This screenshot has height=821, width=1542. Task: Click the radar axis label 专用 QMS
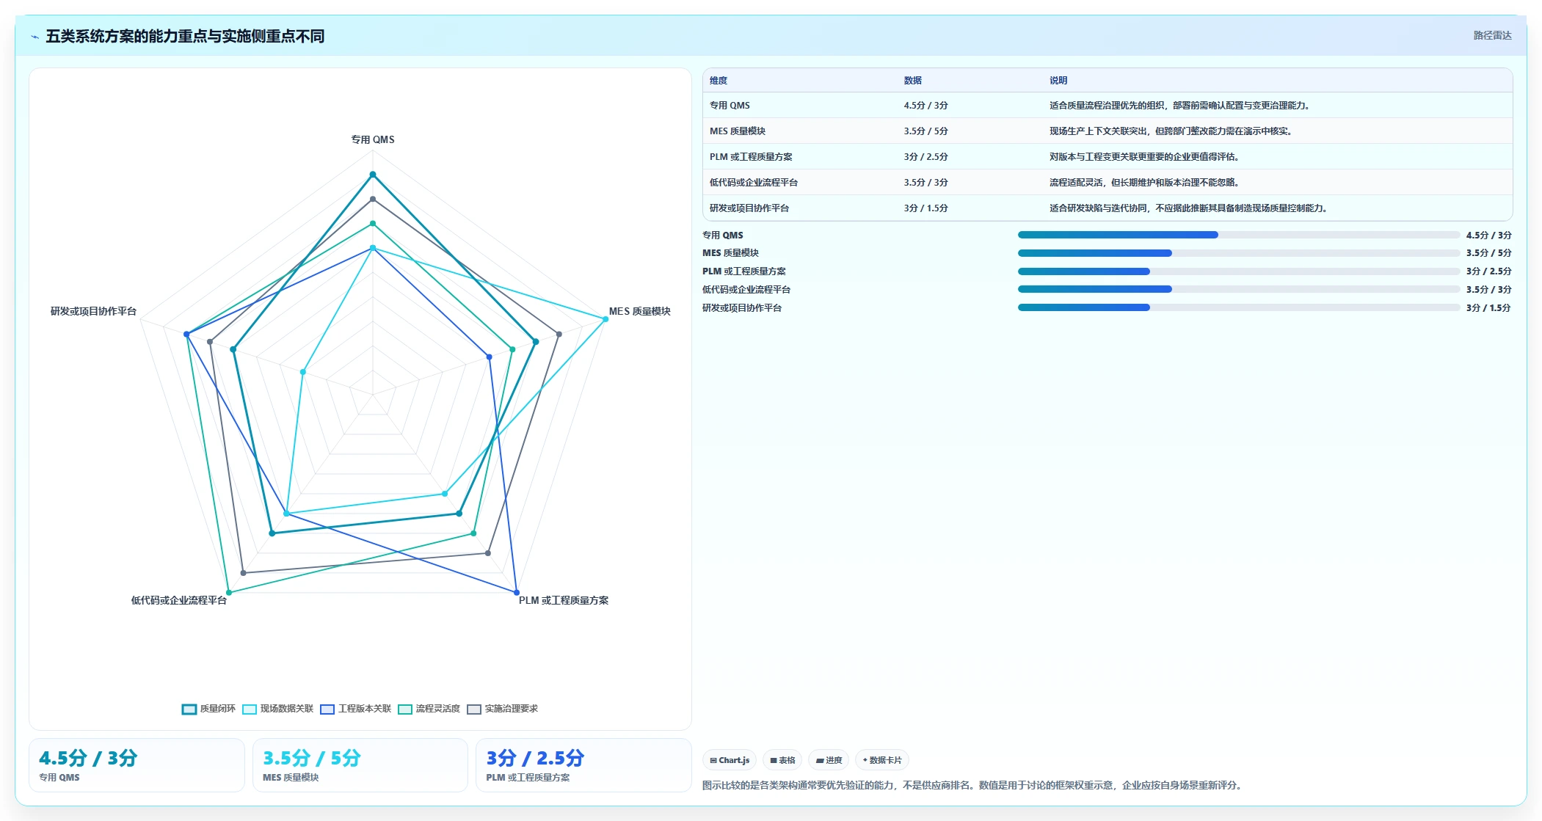[372, 139]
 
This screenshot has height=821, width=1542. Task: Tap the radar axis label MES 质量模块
[639, 311]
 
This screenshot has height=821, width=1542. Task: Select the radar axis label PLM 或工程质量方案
[563, 600]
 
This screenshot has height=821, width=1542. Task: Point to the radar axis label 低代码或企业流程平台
[179, 600]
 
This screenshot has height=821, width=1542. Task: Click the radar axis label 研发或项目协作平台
[93, 311]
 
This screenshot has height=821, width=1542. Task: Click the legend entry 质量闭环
[209, 709]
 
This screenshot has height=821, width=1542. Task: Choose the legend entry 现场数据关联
[278, 709]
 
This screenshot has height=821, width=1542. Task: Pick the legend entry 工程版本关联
[356, 709]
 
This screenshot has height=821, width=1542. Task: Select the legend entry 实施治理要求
[503, 709]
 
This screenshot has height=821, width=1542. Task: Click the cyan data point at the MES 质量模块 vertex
[605, 319]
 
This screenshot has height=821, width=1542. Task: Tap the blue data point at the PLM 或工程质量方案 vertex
[517, 593]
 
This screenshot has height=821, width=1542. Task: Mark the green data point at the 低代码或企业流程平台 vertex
[229, 593]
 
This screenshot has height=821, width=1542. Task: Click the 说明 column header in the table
[1058, 81]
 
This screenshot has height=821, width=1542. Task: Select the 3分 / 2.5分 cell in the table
[925, 157]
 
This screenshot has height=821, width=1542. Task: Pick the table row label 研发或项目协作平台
[749, 208]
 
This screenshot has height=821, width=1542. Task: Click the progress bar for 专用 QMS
[1238, 235]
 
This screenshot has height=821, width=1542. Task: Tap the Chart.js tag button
[730, 760]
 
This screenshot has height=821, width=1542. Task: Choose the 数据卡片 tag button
[882, 760]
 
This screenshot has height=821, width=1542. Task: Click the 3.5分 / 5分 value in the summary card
[312, 758]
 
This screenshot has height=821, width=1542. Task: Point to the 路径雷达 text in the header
[1493, 35]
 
